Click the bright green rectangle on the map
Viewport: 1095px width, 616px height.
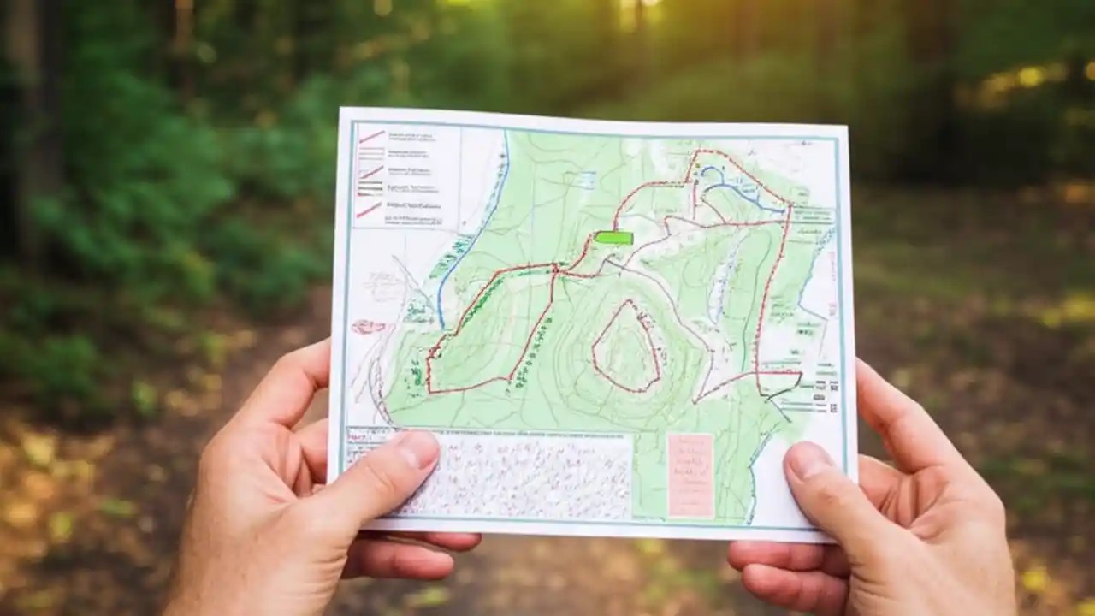[613, 238]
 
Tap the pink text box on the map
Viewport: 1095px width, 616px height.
[690, 475]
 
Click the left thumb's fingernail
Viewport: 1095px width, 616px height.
[418, 447]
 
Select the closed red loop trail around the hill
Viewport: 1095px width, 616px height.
[626, 346]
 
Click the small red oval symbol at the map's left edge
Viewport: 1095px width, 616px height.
[367, 326]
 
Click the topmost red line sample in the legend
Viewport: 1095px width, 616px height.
[371, 136]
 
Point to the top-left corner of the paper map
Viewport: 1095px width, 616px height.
[341, 110]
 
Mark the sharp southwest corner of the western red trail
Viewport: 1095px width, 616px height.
[429, 390]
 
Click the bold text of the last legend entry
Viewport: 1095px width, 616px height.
[411, 206]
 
